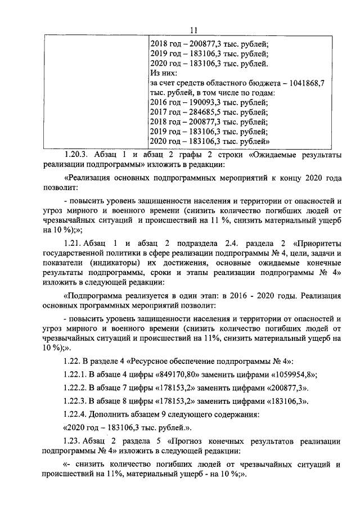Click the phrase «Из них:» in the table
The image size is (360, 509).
pos(164,73)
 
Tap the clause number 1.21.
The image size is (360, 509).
pos(73,244)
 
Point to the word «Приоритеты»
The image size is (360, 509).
pos(318,244)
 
